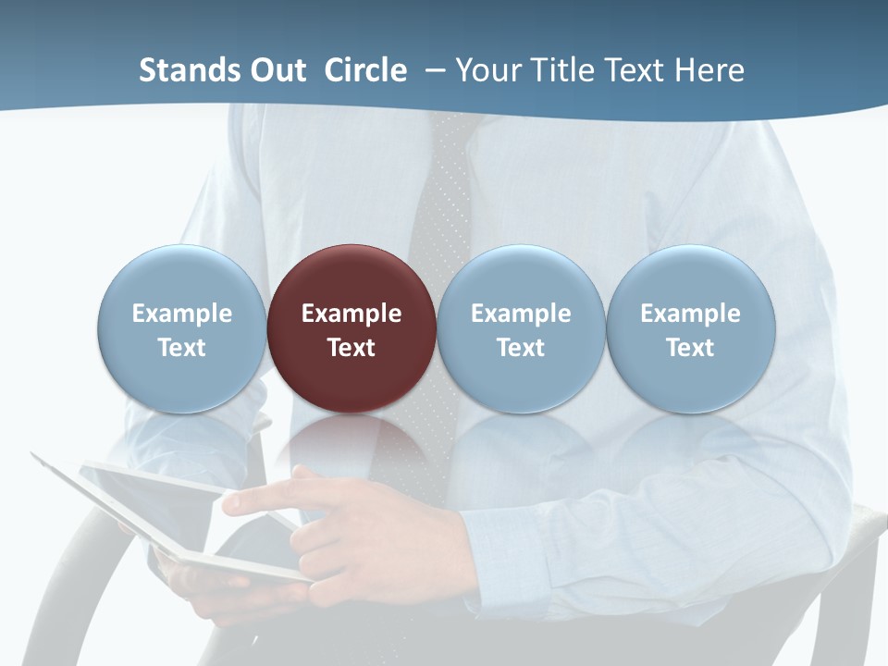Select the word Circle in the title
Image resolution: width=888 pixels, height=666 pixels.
pos(365,70)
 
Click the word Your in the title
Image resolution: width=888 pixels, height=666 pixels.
pos(490,70)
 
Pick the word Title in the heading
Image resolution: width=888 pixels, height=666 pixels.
pos(567,70)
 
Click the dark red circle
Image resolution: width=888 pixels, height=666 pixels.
pos(351,277)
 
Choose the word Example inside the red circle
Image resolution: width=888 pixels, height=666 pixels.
pos(351,314)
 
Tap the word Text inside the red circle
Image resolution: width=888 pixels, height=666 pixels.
pos(351,348)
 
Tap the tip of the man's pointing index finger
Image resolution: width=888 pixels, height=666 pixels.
pos(228,504)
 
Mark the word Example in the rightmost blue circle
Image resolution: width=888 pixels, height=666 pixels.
pos(691,314)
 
